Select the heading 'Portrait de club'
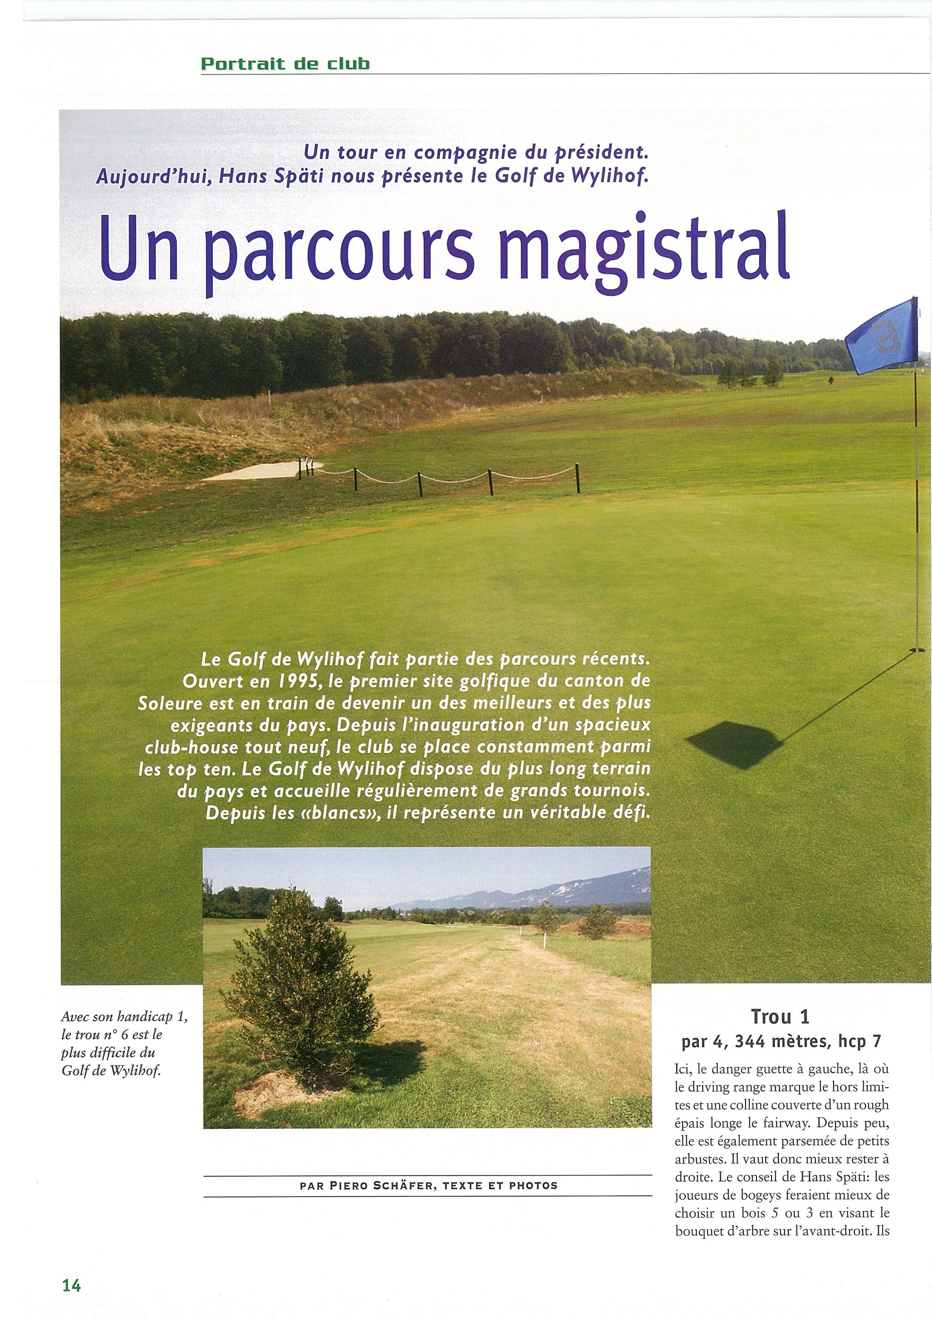(x=285, y=64)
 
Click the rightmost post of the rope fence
(x=578, y=478)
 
